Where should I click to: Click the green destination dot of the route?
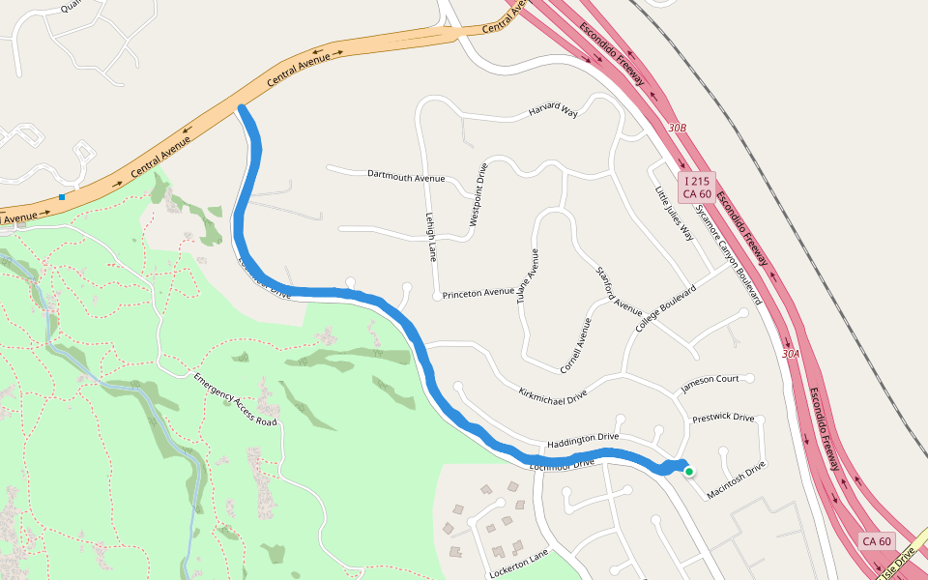pyautogui.click(x=689, y=472)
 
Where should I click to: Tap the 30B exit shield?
pyautogui.click(x=677, y=128)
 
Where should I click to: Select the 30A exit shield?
pyautogui.click(x=791, y=354)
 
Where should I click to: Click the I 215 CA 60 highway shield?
pyautogui.click(x=698, y=188)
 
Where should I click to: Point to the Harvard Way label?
pyautogui.click(x=553, y=112)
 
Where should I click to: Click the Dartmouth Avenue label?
pyautogui.click(x=406, y=176)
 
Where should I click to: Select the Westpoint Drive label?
pyautogui.click(x=478, y=194)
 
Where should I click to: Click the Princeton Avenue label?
pyautogui.click(x=478, y=292)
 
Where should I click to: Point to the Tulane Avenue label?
pyautogui.click(x=526, y=276)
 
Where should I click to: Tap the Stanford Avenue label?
pyautogui.click(x=620, y=291)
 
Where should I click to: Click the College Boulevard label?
pyautogui.click(x=666, y=309)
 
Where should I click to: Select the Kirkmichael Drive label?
pyautogui.click(x=553, y=394)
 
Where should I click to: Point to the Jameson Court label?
pyautogui.click(x=710, y=379)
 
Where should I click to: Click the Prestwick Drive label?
pyautogui.click(x=723, y=418)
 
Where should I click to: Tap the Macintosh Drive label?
pyautogui.click(x=736, y=479)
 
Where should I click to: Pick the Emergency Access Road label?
pyautogui.click(x=235, y=399)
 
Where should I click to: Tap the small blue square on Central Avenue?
pyautogui.click(x=62, y=197)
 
